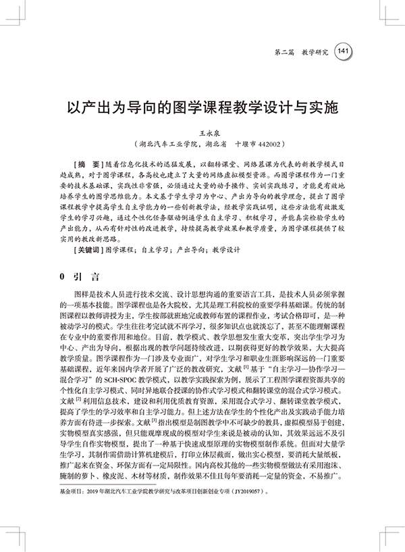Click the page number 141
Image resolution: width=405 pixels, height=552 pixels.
342,51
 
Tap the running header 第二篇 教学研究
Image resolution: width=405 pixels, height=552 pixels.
302,51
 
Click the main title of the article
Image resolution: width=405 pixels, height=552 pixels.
202,107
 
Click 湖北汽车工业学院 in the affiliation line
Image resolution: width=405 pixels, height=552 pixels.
165,145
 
